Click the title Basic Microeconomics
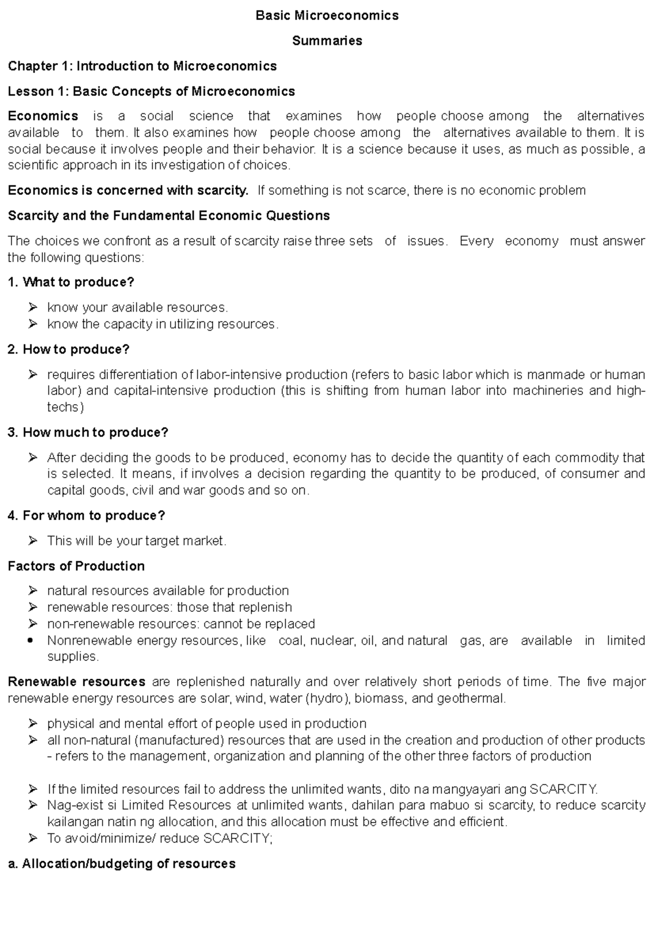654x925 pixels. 327,15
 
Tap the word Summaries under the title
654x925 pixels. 327,41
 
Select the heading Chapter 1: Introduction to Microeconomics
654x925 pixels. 142,66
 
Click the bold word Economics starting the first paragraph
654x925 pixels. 43,116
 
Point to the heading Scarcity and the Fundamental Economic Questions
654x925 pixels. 169,216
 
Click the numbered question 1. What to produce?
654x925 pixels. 71,282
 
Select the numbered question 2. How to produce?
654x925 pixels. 69,349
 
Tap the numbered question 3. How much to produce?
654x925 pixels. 88,433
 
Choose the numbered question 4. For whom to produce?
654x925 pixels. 86,515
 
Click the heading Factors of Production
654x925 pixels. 76,566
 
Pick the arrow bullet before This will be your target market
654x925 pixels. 33,541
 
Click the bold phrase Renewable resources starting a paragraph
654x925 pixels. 77,682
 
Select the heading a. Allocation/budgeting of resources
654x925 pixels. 122,864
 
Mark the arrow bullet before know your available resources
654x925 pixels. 33,307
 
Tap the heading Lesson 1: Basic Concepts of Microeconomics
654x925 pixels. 152,91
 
